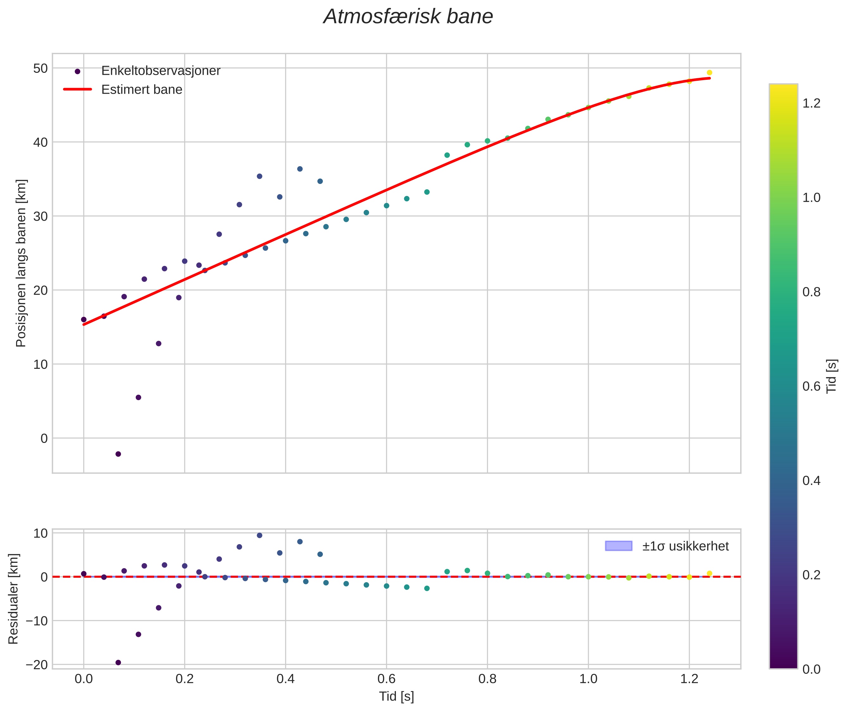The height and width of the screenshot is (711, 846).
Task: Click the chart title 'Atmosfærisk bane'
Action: (408, 17)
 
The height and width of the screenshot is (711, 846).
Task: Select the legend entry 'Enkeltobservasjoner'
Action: (160, 71)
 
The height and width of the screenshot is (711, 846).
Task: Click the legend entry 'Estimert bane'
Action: (141, 90)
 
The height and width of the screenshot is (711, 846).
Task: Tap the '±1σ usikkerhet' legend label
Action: (685, 546)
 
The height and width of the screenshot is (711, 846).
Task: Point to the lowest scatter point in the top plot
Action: (118, 454)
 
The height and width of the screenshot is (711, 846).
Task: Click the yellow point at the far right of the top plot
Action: (709, 72)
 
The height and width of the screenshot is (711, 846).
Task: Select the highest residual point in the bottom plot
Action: (260, 535)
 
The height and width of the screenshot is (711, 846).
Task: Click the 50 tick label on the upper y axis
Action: (40, 68)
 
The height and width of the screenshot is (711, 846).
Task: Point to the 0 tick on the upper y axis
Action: (44, 438)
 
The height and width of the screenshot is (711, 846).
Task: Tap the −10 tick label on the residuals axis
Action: (37, 621)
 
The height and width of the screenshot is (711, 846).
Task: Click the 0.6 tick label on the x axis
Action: (386, 679)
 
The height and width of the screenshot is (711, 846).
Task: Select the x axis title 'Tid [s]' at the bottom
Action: (396, 696)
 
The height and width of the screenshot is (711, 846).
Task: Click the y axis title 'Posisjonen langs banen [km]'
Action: (21, 263)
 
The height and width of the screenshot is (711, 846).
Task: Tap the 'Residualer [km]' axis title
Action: (13, 599)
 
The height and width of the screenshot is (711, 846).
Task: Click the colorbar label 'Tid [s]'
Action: (831, 376)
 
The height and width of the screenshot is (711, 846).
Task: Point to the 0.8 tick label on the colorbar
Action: (811, 292)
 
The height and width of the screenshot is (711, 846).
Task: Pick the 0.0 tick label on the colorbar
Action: (811, 670)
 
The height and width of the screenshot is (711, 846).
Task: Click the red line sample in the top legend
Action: (78, 90)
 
